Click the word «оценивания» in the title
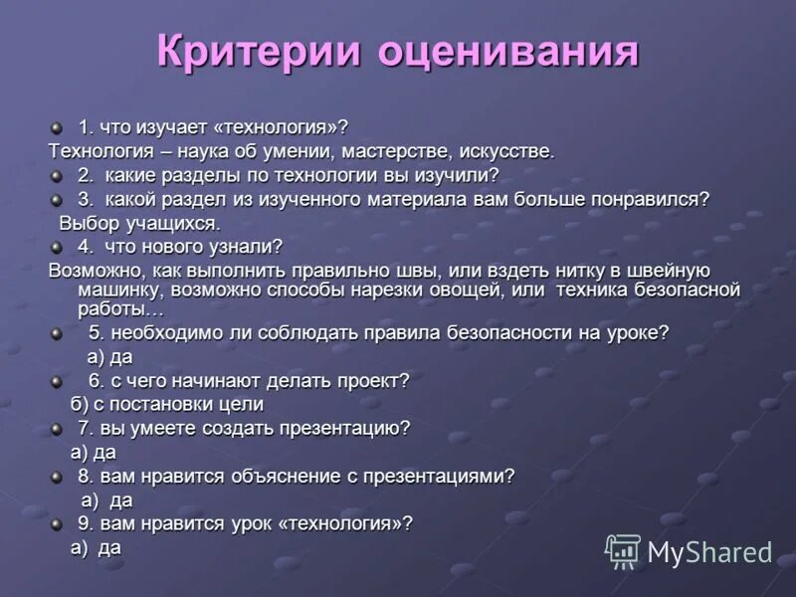(x=506, y=52)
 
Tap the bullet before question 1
(x=57, y=127)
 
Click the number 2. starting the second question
(x=87, y=175)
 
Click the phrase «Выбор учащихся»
(x=138, y=222)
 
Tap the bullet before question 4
(x=57, y=247)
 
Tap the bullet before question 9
(x=57, y=524)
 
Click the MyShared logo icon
(x=624, y=550)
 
